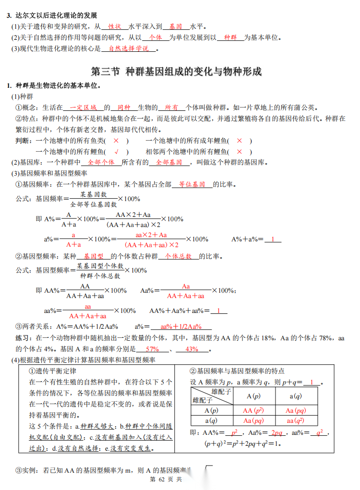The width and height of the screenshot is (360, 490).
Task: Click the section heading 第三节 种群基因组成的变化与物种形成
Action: (x=177, y=72)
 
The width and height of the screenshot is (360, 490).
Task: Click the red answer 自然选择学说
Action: (x=129, y=48)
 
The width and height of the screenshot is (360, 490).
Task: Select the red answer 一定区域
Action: (x=84, y=108)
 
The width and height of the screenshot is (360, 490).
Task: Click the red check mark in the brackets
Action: (x=116, y=151)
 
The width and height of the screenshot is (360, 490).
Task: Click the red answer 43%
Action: (x=191, y=349)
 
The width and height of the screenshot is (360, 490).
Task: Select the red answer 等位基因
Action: (x=192, y=184)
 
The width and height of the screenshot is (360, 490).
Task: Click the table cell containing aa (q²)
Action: (x=296, y=420)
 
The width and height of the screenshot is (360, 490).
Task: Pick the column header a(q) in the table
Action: (x=296, y=396)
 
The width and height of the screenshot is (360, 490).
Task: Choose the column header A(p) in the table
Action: (x=253, y=396)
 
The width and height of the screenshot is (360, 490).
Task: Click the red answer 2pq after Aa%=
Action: (x=277, y=432)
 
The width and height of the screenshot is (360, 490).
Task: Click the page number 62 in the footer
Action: (x=161, y=479)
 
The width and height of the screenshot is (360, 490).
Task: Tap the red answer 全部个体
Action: (x=101, y=162)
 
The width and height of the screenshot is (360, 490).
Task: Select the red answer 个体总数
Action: (x=178, y=256)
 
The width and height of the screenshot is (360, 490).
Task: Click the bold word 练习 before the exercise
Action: (x=23, y=338)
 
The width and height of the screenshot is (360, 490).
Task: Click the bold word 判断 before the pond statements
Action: (x=23, y=141)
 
